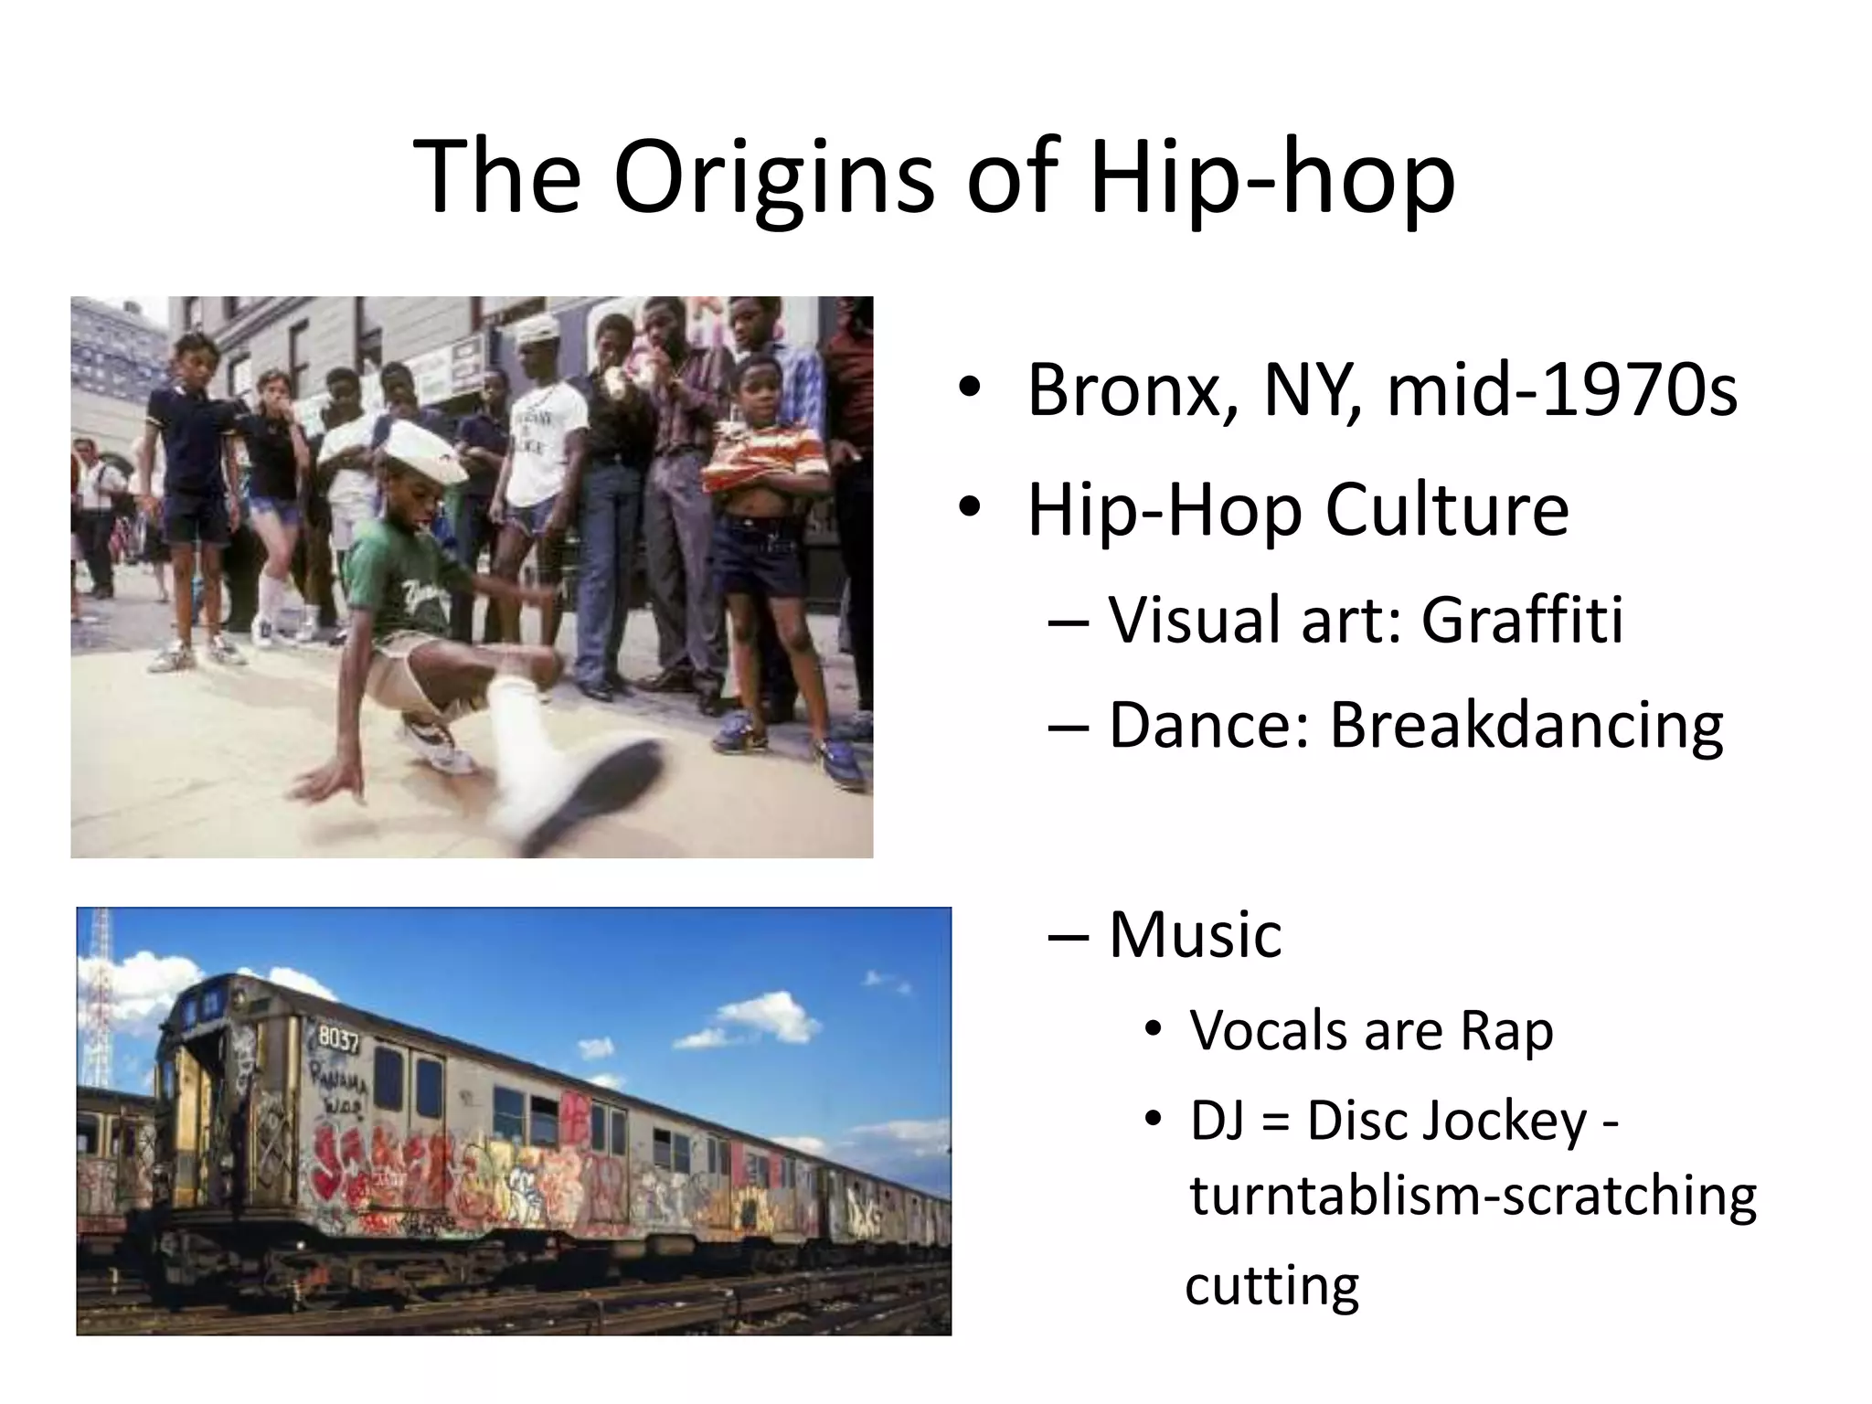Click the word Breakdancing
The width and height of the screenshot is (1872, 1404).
1526,727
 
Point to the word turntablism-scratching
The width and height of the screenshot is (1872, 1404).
1473,1197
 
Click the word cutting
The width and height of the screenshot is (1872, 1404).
1271,1286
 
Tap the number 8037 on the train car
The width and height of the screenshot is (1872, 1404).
338,1038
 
